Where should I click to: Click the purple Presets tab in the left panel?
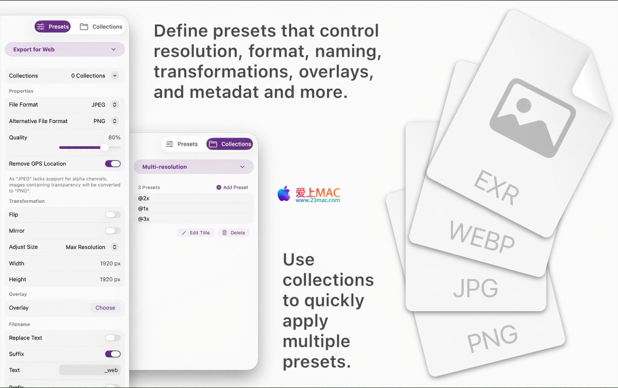pos(52,26)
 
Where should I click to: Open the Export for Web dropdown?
pos(65,49)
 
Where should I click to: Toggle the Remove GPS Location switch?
pos(112,164)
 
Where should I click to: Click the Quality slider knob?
pos(104,147)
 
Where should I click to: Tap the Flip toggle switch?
pos(112,215)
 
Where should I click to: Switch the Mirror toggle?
pos(112,231)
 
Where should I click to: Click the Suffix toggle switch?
pos(112,354)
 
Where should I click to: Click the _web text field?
pos(90,370)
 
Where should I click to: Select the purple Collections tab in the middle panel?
pos(229,144)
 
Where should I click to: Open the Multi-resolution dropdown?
pos(194,167)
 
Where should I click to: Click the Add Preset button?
pos(232,187)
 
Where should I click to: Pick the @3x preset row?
pos(194,219)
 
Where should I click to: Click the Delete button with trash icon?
pos(234,233)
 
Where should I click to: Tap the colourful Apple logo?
pos(284,194)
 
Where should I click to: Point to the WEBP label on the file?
pos(482,237)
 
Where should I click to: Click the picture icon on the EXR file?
pos(532,118)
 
